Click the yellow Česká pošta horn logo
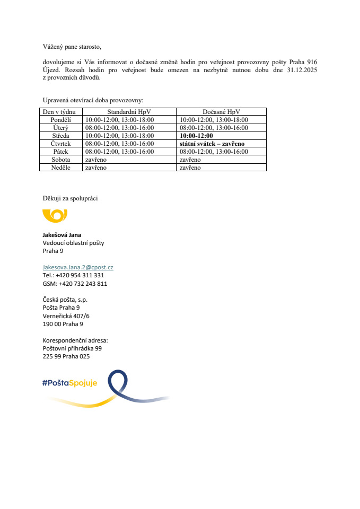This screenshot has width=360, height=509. pyautogui.click(x=55, y=215)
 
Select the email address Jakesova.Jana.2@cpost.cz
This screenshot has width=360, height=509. pyautogui.click(x=78, y=267)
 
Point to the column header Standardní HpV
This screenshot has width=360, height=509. pyautogui.click(x=129, y=112)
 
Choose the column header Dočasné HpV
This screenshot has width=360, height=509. pyautogui.click(x=221, y=112)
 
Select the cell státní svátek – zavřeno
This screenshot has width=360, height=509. pyautogui.click(x=212, y=144)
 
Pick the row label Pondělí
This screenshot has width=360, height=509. pyautogui.click(x=60, y=120)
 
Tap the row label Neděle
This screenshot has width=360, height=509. pyautogui.click(x=60, y=168)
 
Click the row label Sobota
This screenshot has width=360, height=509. pyautogui.click(x=60, y=160)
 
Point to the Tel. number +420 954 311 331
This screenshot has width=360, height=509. pyautogui.click(x=80, y=275)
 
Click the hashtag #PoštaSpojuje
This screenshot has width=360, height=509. pyautogui.click(x=69, y=383)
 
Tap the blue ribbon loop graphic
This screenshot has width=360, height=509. pyautogui.click(x=118, y=383)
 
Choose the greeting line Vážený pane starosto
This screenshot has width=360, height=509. pyautogui.click(x=71, y=47)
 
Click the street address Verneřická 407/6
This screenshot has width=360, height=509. pyautogui.click(x=66, y=316)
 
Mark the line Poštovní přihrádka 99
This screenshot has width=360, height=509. pyautogui.click(x=72, y=348)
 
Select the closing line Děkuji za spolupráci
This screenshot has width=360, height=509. pyautogui.click(x=70, y=198)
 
